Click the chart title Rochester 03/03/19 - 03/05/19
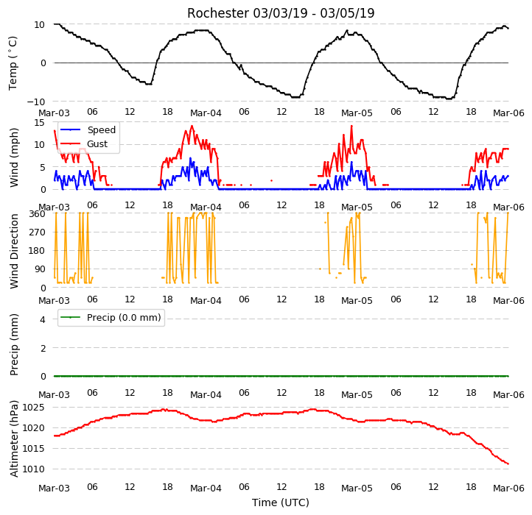coord(281,13)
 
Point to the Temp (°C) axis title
coord(13,63)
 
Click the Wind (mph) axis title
coord(13,157)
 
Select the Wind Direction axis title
coord(13,251)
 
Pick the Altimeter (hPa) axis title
coord(13,438)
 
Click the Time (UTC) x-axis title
coord(281,502)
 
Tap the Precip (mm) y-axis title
coord(13,344)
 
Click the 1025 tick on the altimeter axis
coord(33,408)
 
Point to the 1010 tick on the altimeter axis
coord(33,469)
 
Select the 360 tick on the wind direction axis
coord(37,214)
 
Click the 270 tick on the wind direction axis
coord(37,232)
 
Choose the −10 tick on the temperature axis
coord(35,102)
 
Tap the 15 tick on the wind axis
coord(39,122)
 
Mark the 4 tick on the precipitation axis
coord(43,319)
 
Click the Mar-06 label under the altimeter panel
coord(508,489)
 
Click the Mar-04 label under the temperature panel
coord(206,113)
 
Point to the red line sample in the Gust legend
coord(70,144)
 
